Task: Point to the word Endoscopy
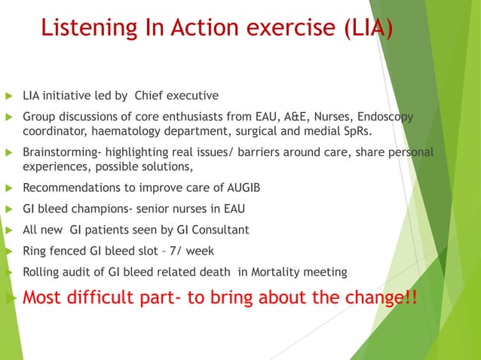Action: click(384, 117)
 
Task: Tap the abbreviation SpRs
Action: click(357, 132)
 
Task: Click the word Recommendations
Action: click(70, 188)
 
